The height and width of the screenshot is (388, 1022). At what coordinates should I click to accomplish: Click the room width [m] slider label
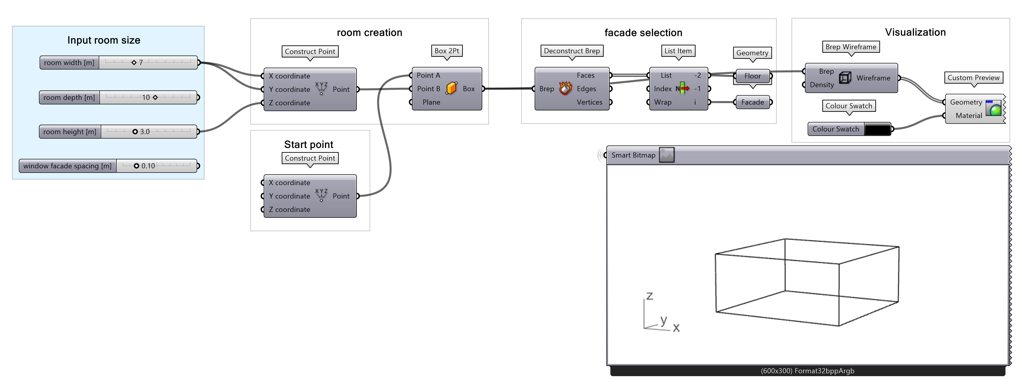click(x=69, y=63)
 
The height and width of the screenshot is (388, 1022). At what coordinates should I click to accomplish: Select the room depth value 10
click(x=146, y=98)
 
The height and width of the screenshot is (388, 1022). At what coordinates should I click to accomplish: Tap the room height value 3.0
click(x=144, y=132)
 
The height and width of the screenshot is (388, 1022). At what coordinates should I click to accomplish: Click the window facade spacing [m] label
click(x=68, y=166)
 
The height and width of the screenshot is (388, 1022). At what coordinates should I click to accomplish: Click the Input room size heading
click(x=104, y=40)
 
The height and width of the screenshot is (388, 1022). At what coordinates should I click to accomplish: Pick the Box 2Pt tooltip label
click(x=447, y=51)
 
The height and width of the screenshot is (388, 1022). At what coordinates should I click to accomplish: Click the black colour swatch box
click(x=877, y=129)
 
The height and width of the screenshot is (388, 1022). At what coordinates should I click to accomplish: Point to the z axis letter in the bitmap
click(x=650, y=296)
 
